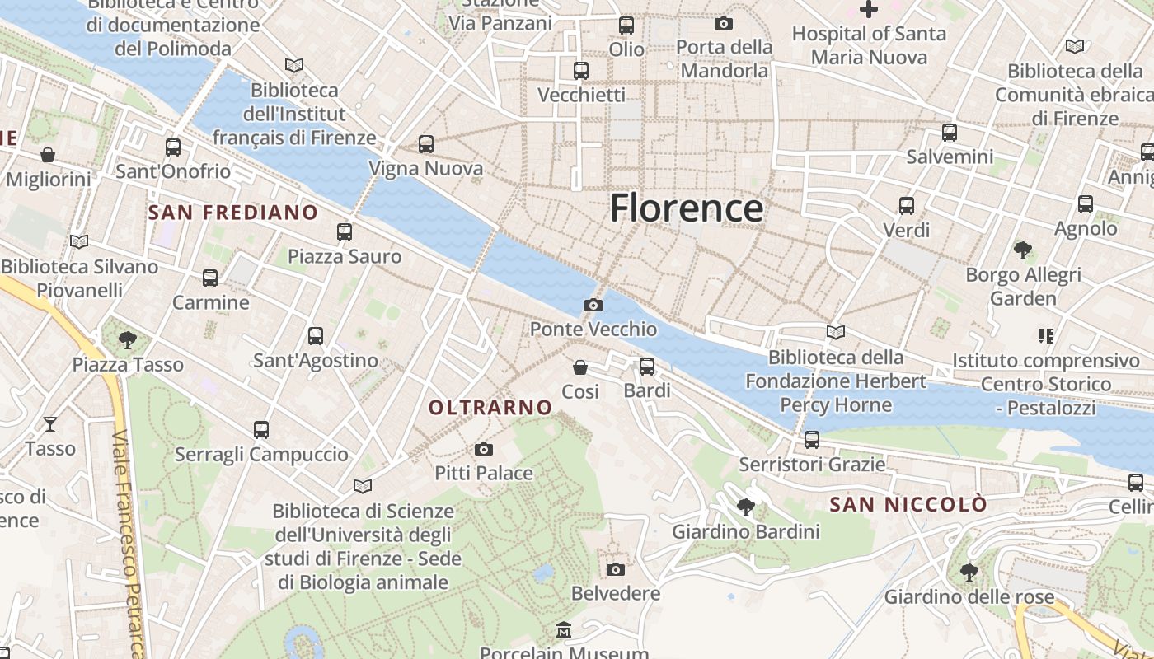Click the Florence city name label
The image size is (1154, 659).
pyautogui.click(x=686, y=208)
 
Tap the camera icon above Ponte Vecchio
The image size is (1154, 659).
pyautogui.click(x=593, y=306)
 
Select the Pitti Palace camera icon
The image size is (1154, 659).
pyautogui.click(x=484, y=449)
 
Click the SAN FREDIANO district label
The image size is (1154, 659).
pyautogui.click(x=232, y=213)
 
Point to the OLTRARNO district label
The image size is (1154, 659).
pyautogui.click(x=490, y=407)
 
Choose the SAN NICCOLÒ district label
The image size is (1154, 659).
pyautogui.click(x=908, y=504)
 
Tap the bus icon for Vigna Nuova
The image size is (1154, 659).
pyautogui.click(x=426, y=144)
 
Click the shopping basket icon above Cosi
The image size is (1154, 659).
pyautogui.click(x=580, y=367)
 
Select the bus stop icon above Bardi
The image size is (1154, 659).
pyautogui.click(x=647, y=366)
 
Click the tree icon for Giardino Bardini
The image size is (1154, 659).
pyautogui.click(x=746, y=507)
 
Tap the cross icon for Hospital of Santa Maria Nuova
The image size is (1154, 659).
pyautogui.click(x=869, y=10)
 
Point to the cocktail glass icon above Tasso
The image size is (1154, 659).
pyautogui.click(x=50, y=424)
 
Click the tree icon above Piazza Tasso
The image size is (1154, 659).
pyautogui.click(x=128, y=339)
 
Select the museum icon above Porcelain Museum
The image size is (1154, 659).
pyautogui.click(x=564, y=630)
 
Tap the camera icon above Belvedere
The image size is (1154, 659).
pyautogui.click(x=616, y=569)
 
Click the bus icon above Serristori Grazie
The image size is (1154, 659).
pyautogui.click(x=812, y=440)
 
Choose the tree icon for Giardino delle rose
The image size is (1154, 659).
pyautogui.click(x=969, y=572)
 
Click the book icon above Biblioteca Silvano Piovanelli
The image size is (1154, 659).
pyautogui.click(x=79, y=242)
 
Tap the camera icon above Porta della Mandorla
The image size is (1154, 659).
pyautogui.click(x=724, y=23)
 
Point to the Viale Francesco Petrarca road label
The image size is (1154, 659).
pyautogui.click(x=128, y=544)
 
